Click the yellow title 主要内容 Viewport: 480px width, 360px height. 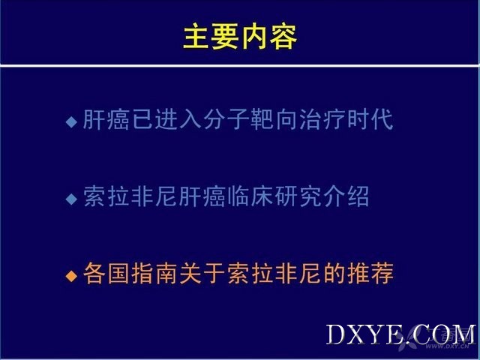pyautogui.click(x=240, y=37)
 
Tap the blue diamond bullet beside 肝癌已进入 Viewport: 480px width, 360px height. pyautogui.click(x=71, y=121)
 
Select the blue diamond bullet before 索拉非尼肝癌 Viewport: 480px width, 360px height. pyautogui.click(x=71, y=199)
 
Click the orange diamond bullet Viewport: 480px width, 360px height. pyautogui.click(x=71, y=276)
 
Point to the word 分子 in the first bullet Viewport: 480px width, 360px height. pyautogui.click(x=226, y=119)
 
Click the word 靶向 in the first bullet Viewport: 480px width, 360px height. pyautogui.click(x=274, y=119)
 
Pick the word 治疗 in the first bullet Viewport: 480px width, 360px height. pyautogui.click(x=322, y=119)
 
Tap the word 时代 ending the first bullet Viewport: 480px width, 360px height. pyautogui.click(x=370, y=119)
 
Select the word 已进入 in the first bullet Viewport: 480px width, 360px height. pyautogui.click(x=166, y=119)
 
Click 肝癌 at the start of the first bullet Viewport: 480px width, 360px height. pyautogui.click(x=106, y=119)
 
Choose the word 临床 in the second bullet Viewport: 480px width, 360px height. pyautogui.click(x=250, y=196)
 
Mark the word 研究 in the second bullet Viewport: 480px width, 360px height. pyautogui.click(x=298, y=196)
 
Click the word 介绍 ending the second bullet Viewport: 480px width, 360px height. pyautogui.click(x=346, y=196)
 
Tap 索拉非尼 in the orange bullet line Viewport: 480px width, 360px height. pyautogui.click(x=274, y=273)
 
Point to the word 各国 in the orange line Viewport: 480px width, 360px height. pyautogui.click(x=106, y=273)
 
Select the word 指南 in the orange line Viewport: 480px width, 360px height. pyautogui.click(x=154, y=273)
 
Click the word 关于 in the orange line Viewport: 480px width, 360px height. pyautogui.click(x=202, y=273)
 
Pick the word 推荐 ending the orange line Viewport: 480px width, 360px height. pyautogui.click(x=370, y=273)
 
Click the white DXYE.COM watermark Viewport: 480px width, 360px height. pyautogui.click(x=401, y=334)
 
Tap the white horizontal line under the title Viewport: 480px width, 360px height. pyautogui.click(x=239, y=65)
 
